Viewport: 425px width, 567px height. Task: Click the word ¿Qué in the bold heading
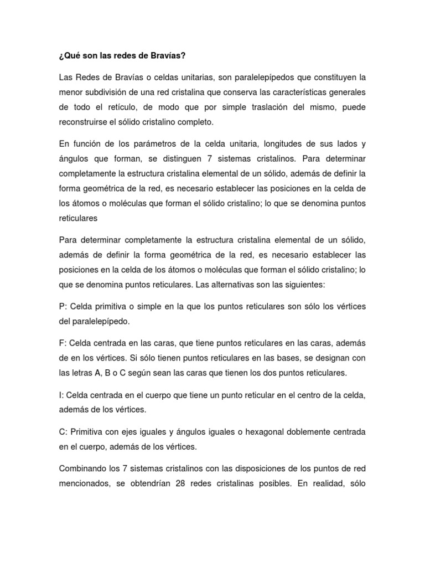pyautogui.click(x=69, y=56)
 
